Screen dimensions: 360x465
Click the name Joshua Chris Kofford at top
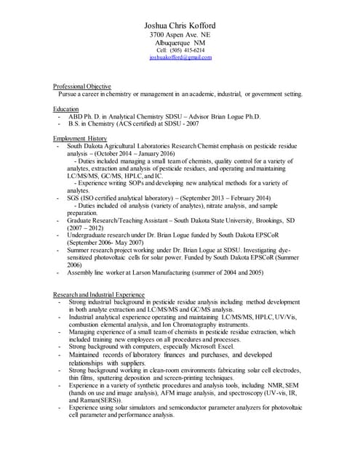tap(180, 25)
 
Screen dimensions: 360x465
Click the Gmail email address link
tap(180, 57)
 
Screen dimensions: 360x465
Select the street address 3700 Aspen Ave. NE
tap(180, 35)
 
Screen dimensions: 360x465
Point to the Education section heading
tap(68, 109)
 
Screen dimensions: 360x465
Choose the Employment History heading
tap(80, 138)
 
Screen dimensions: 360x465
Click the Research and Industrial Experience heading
tap(103, 294)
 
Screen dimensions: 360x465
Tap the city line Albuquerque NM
tap(180, 43)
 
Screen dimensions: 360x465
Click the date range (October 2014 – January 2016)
tap(135, 154)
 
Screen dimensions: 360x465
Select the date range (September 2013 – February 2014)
tap(219, 198)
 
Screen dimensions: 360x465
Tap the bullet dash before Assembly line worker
tap(58, 272)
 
